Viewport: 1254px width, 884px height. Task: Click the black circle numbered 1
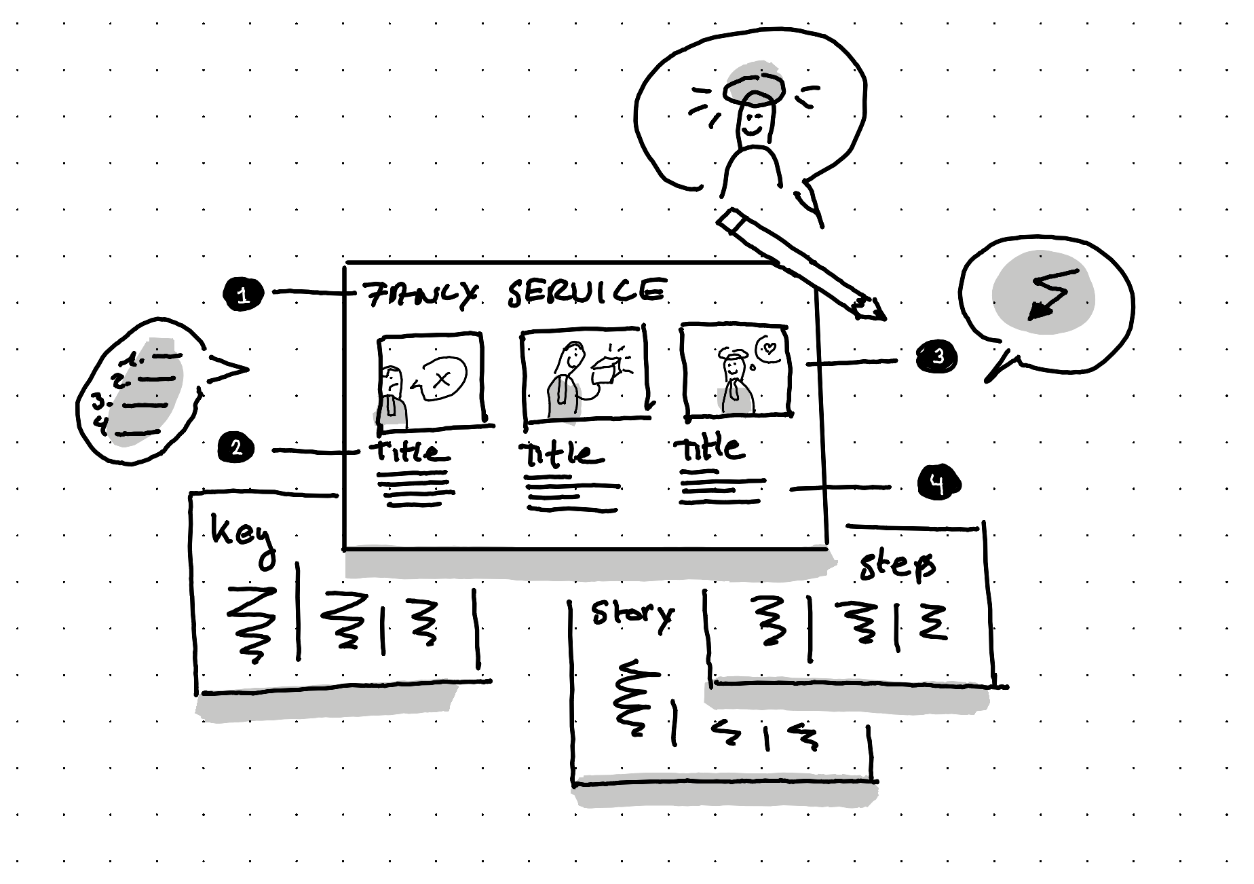[x=243, y=295]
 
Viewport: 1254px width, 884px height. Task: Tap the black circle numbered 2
[x=235, y=449]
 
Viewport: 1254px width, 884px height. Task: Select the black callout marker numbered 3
[x=937, y=356]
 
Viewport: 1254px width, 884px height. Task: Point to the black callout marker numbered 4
[x=938, y=483]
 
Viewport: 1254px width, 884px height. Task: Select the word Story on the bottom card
[x=632, y=614]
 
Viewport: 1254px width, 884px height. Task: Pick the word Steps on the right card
[x=897, y=565]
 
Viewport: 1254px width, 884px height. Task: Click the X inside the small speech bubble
[x=442, y=380]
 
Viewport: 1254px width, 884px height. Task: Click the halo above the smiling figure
[x=753, y=88]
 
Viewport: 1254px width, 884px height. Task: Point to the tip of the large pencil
[x=878, y=314]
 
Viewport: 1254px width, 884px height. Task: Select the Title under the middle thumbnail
[x=560, y=454]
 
